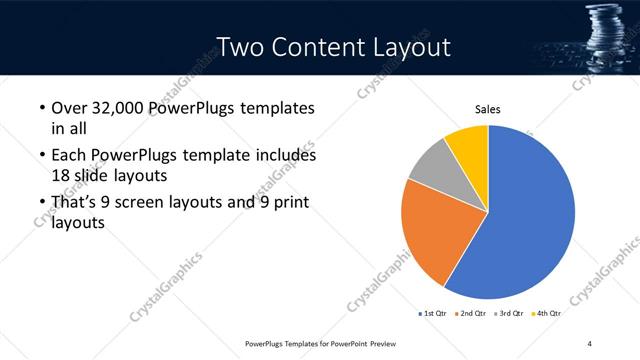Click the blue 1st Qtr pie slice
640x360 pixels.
[530, 215]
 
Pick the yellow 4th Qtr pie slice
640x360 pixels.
[468, 144]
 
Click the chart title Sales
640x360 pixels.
[487, 110]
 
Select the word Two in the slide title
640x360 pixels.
[239, 47]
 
